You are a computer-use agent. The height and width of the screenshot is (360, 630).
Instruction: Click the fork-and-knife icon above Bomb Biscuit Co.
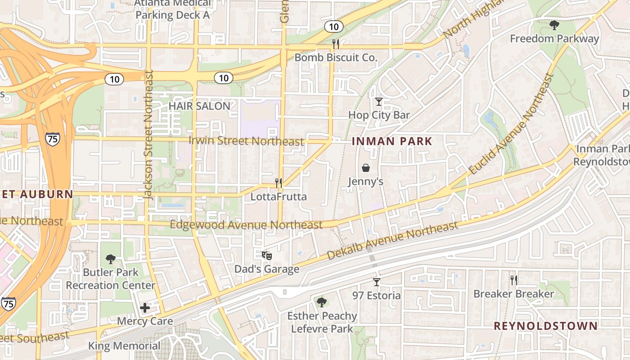pyautogui.click(x=335, y=44)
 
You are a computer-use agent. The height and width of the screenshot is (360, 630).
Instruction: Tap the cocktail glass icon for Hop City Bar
pyautogui.click(x=379, y=102)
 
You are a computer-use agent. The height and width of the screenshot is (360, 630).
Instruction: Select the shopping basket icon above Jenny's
pyautogui.click(x=366, y=168)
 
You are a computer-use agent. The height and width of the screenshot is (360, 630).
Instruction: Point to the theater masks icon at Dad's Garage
pyautogui.click(x=267, y=256)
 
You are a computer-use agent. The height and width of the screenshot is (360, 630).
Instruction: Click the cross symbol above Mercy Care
pyautogui.click(x=145, y=308)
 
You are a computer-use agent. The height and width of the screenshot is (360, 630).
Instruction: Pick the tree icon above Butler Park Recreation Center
pyautogui.click(x=110, y=259)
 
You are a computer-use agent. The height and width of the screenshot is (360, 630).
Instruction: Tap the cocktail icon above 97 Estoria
pyautogui.click(x=377, y=282)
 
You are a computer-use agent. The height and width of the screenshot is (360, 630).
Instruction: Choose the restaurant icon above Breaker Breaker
pyautogui.click(x=513, y=280)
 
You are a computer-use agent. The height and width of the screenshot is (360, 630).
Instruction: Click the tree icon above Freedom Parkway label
pyautogui.click(x=554, y=25)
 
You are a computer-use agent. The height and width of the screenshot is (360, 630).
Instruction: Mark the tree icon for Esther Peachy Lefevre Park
pyautogui.click(x=321, y=302)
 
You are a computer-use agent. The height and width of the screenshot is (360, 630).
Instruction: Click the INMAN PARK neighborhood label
pyautogui.click(x=391, y=141)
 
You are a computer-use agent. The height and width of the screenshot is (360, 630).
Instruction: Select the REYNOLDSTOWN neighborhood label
pyautogui.click(x=545, y=326)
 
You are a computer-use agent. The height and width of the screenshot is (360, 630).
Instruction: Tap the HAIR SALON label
pyautogui.click(x=199, y=106)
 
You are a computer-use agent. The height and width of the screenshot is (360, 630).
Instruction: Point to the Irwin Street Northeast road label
pyautogui.click(x=246, y=141)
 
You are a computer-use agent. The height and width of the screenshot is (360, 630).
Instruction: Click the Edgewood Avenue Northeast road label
pyautogui.click(x=246, y=225)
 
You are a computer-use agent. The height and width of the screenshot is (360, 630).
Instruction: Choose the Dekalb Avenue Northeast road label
pyautogui.click(x=392, y=240)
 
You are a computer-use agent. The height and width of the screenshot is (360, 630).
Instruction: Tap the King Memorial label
pyautogui.click(x=124, y=346)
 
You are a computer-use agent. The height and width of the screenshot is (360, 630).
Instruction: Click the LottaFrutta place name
pyautogui.click(x=279, y=197)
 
